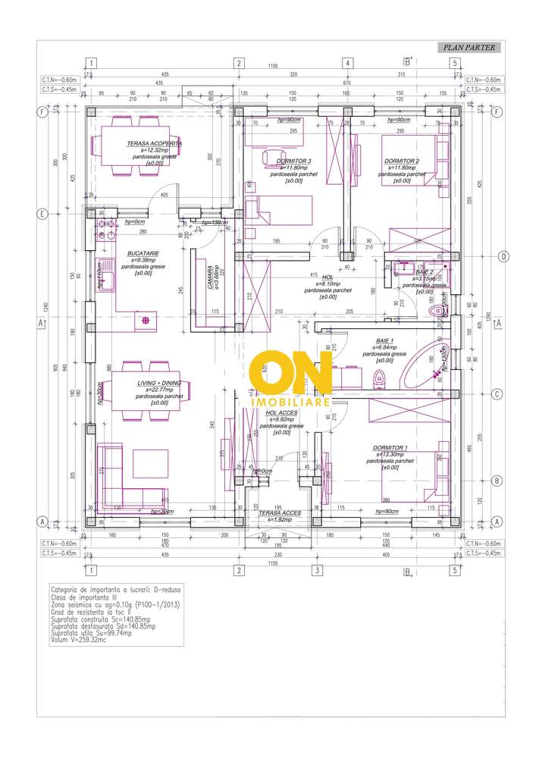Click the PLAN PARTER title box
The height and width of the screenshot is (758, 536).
(x=467, y=48)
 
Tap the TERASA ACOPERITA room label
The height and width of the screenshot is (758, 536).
(x=154, y=143)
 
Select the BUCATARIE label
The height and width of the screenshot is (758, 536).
(x=142, y=255)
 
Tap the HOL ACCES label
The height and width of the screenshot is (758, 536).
(x=281, y=413)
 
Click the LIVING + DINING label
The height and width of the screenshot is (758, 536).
(x=158, y=384)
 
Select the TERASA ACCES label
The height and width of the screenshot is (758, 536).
(x=280, y=513)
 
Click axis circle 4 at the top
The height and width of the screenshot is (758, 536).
(x=348, y=63)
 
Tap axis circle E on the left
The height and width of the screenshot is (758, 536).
(x=42, y=213)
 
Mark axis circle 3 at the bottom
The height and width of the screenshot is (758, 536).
(x=318, y=570)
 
